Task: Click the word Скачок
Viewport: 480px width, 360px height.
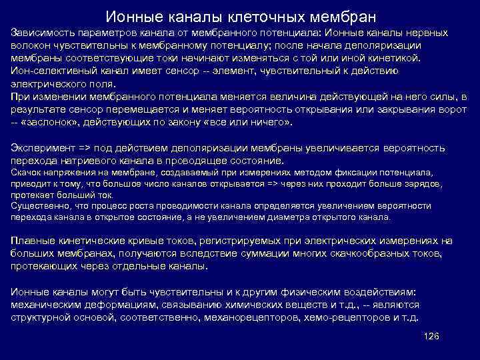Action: pyautogui.click(x=25, y=172)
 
